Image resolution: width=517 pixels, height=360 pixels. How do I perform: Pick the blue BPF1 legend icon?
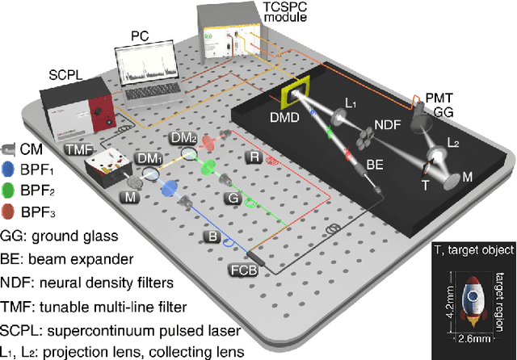10,170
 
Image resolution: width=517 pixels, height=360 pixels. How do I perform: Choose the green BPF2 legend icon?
10,190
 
